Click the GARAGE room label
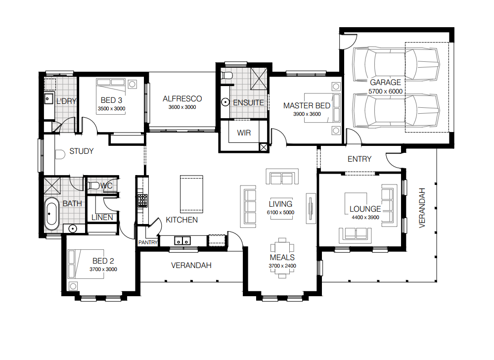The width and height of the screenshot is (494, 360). pyautogui.click(x=385, y=83)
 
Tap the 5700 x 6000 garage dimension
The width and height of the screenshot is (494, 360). pyautogui.click(x=385, y=91)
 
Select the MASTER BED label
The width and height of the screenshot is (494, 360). pyautogui.click(x=307, y=106)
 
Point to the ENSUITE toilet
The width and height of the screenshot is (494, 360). pyautogui.click(x=226, y=76)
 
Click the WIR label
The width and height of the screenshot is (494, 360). pyautogui.click(x=244, y=133)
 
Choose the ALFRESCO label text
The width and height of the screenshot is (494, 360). pyautogui.click(x=182, y=99)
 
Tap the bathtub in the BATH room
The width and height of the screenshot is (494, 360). pyautogui.click(x=51, y=214)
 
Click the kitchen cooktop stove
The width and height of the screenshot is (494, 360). pyautogui.click(x=143, y=201)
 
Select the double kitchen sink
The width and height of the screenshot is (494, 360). pyautogui.click(x=182, y=241)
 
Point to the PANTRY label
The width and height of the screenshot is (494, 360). pyautogui.click(x=148, y=242)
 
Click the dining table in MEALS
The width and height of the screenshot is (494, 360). pyautogui.click(x=282, y=258)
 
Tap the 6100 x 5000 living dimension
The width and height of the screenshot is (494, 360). pyautogui.click(x=280, y=213)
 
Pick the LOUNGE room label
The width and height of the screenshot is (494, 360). pyautogui.click(x=365, y=209)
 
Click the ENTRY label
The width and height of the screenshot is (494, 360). pyautogui.click(x=359, y=159)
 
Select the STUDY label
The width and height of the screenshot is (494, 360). pyautogui.click(x=81, y=151)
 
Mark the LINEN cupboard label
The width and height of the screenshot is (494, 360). pyautogui.click(x=102, y=218)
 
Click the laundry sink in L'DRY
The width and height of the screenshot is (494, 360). pyautogui.click(x=48, y=99)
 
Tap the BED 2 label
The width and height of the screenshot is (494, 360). pyautogui.click(x=103, y=261)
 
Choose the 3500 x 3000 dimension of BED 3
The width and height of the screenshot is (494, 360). pyautogui.click(x=112, y=109)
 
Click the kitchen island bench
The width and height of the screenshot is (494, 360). pyautogui.click(x=191, y=194)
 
